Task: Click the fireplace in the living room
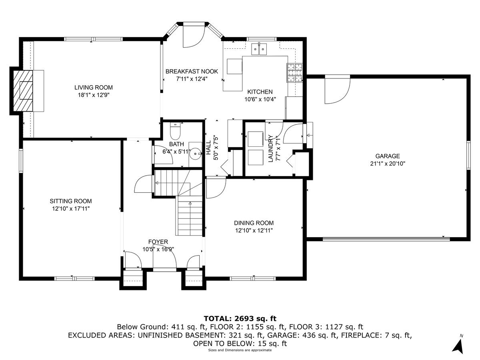tap(23, 90)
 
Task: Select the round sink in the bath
tap(196, 152)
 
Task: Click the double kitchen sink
tap(259, 49)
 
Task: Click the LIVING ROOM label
tap(93, 87)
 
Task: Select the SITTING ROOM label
tap(71, 201)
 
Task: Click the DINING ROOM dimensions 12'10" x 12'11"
tap(254, 230)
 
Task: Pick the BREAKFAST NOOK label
tap(192, 72)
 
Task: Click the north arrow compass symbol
tap(459, 345)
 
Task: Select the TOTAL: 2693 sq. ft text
tap(240, 318)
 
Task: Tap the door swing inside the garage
tap(336, 89)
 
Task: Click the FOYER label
tap(158, 242)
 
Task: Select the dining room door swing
tap(215, 187)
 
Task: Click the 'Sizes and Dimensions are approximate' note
tap(240, 350)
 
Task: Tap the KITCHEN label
tap(260, 92)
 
